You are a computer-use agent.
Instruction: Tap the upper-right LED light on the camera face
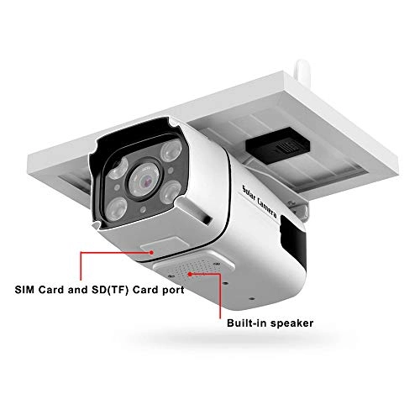(x=171, y=150)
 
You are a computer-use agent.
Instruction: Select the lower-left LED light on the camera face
(x=117, y=209)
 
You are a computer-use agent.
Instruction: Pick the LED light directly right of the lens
(x=171, y=192)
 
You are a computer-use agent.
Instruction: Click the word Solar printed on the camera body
(x=249, y=194)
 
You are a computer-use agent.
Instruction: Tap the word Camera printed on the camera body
(x=267, y=208)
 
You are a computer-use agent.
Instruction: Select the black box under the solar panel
(x=278, y=145)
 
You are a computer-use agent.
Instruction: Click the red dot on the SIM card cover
(x=151, y=252)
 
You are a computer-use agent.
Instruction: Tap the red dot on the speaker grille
(x=190, y=274)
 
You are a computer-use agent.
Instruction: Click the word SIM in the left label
(x=25, y=290)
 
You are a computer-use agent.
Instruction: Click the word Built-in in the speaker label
(x=244, y=323)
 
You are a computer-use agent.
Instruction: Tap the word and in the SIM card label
(x=77, y=290)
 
